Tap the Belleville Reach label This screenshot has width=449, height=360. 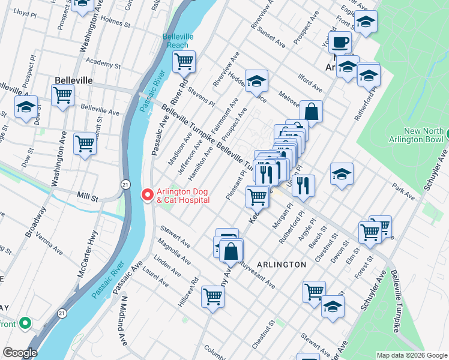coord(178,41)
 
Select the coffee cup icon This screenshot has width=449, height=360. coord(341,43)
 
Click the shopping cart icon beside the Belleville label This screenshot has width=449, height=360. coord(62,95)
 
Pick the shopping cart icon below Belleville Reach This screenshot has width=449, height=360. coord(184,61)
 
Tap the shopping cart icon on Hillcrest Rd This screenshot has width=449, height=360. coord(212,296)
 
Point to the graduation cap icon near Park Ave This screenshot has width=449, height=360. coord(342,174)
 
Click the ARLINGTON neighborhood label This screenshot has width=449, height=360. coord(282,264)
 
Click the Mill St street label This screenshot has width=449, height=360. coord(87,196)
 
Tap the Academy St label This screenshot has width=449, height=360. coord(99,62)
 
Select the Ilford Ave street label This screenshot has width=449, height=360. coord(310,81)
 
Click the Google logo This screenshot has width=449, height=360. coord(19,353)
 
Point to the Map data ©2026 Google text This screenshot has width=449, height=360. coord(411,355)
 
